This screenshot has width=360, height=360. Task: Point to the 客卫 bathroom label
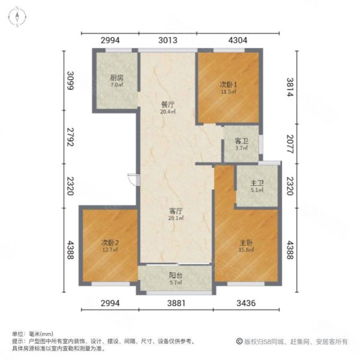pos(241,141)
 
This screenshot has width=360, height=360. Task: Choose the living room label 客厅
pos(175,211)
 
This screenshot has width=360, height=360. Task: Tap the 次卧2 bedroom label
pos(110,242)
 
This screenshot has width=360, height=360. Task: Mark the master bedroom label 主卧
pos(246,242)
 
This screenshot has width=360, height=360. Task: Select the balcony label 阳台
pos(176,277)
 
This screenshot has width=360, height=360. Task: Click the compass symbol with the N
pos(19,17)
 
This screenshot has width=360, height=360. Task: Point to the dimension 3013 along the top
pos(168,41)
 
